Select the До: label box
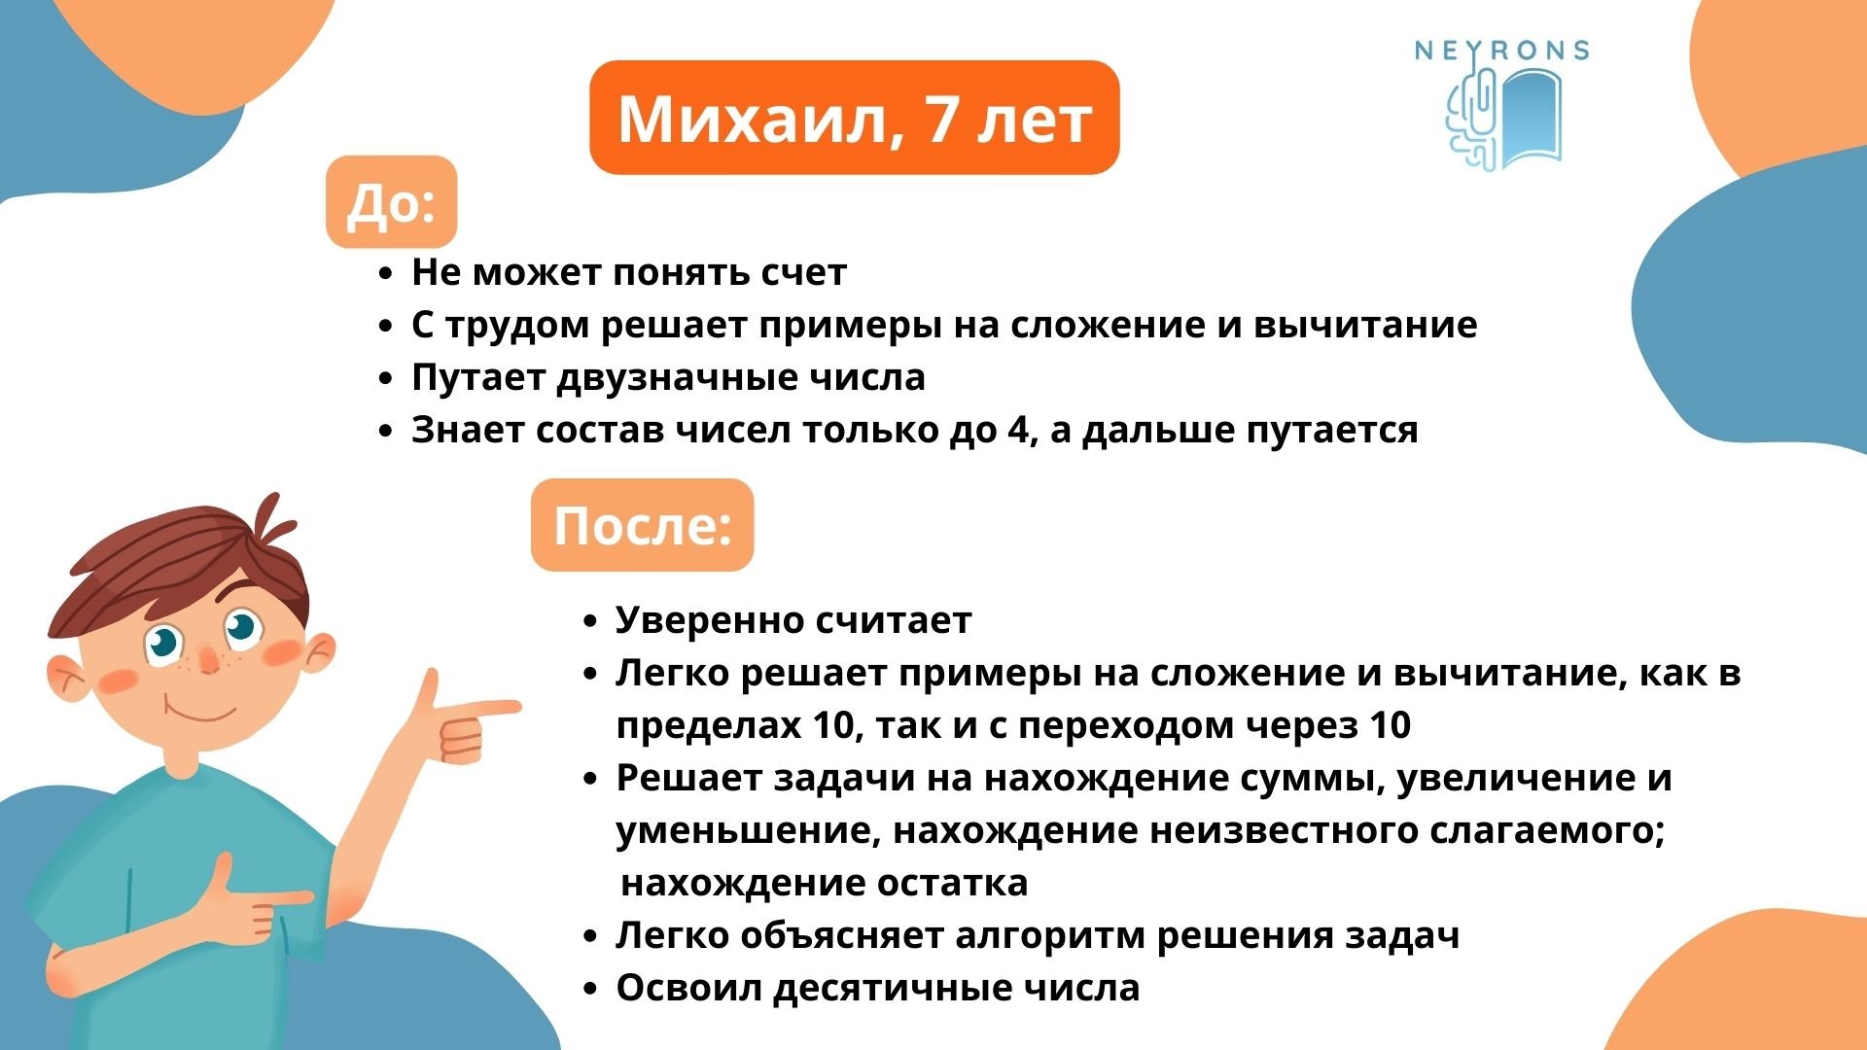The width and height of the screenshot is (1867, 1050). coord(391,202)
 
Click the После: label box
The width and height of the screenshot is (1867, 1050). coord(642,525)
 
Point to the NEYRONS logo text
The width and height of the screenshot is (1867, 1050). coord(1501,51)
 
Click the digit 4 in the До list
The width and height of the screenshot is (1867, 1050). coord(1017,430)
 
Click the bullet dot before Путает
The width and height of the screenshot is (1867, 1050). coord(386,378)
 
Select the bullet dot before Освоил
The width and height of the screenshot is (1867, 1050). coord(589,989)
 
